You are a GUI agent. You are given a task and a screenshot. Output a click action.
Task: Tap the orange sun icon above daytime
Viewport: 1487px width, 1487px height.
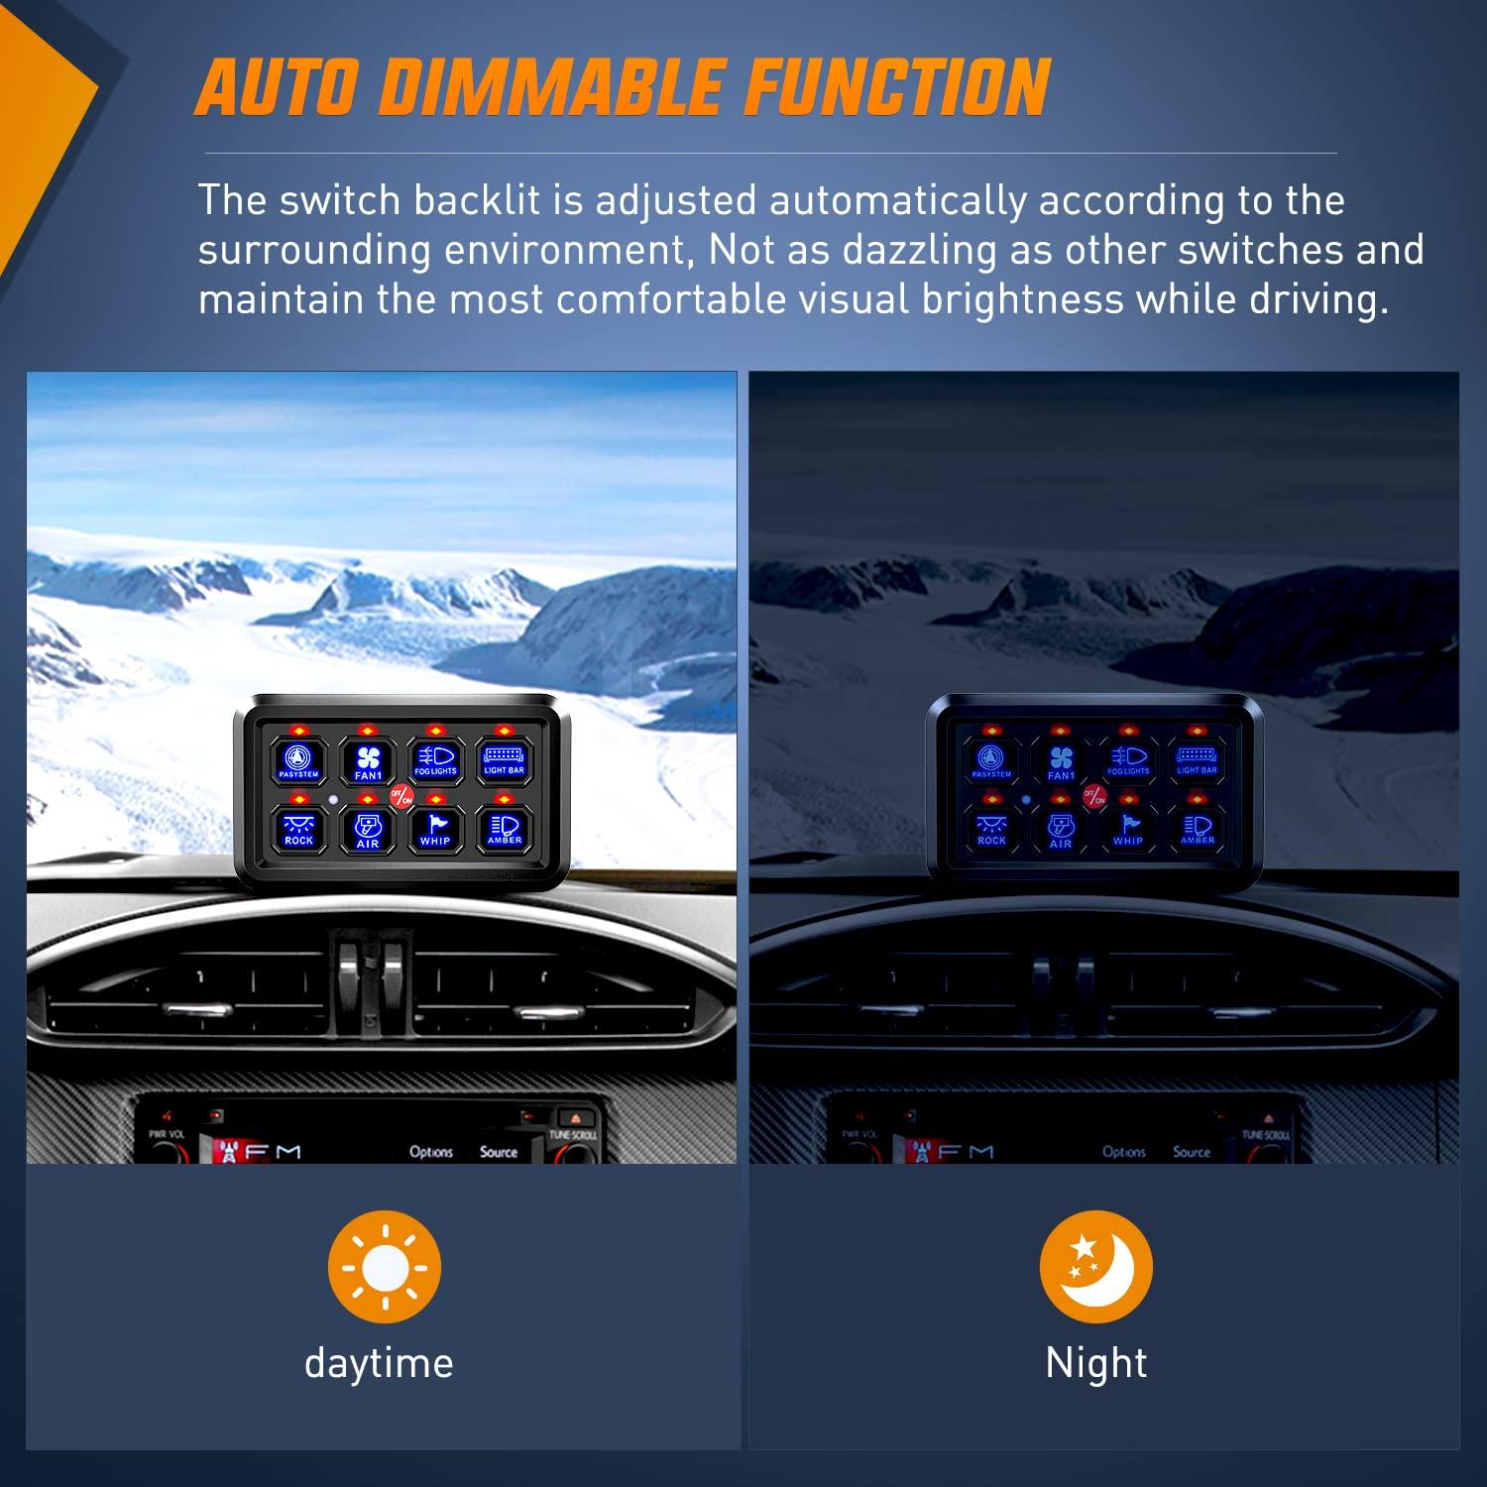[x=385, y=1266]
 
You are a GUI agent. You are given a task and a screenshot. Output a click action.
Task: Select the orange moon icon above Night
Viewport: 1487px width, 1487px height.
[x=1095, y=1266]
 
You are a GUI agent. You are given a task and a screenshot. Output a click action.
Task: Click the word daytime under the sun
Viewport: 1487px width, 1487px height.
[x=379, y=1363]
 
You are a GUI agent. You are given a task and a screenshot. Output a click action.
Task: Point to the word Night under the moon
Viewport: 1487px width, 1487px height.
[x=1095, y=1363]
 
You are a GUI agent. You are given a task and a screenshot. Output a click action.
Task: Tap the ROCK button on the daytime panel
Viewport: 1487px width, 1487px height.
[x=299, y=828]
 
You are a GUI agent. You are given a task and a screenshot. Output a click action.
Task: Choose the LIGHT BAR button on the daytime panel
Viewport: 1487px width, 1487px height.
[x=504, y=760]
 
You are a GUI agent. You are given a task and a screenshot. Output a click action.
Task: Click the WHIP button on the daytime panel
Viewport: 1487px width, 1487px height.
[x=435, y=828]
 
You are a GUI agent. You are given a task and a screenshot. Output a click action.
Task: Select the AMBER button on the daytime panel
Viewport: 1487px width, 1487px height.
[x=504, y=828]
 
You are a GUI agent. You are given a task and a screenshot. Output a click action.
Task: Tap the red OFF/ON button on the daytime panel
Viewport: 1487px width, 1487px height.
[x=401, y=795]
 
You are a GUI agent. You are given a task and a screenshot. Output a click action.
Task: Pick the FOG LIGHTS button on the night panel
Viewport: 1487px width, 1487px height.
[x=1128, y=760]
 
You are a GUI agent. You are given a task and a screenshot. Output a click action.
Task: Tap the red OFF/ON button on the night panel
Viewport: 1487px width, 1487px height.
[x=1094, y=796]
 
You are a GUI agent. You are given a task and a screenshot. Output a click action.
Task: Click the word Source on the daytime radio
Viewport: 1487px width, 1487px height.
[x=499, y=1152]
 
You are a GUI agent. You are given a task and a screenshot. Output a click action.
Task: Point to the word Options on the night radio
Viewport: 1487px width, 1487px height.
[x=1124, y=1152]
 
